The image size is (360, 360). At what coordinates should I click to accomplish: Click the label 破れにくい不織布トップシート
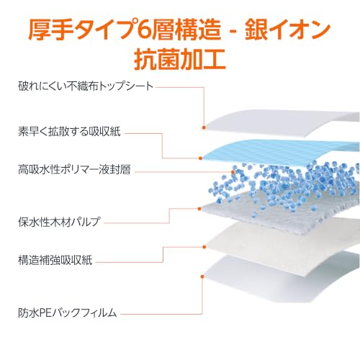point(86,86)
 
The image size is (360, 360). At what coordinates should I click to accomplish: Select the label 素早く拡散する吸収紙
point(69,132)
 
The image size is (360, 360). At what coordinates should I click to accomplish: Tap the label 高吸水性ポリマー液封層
point(74,169)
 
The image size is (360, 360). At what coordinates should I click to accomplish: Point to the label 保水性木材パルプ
point(59,222)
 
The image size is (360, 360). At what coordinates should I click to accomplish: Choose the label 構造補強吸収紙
point(55,260)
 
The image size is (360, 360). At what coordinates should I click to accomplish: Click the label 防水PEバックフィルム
point(68,312)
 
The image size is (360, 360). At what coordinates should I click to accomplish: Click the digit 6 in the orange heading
point(144,30)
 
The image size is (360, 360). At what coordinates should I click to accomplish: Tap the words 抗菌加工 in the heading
point(180,59)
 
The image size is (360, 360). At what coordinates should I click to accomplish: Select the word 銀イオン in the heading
point(287,30)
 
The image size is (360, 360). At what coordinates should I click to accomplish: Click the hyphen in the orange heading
point(233,31)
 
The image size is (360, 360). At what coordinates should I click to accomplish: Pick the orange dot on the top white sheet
point(204,127)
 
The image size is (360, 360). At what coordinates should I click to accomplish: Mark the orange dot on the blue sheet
point(201,158)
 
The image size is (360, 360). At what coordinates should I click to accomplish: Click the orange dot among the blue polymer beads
point(233,172)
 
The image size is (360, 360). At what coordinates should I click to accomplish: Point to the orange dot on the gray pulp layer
point(199,209)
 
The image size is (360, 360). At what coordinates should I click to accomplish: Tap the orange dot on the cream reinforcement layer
point(204,247)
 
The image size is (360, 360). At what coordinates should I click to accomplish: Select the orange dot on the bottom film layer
point(202,276)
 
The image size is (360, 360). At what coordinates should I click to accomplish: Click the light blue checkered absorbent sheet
point(281,152)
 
